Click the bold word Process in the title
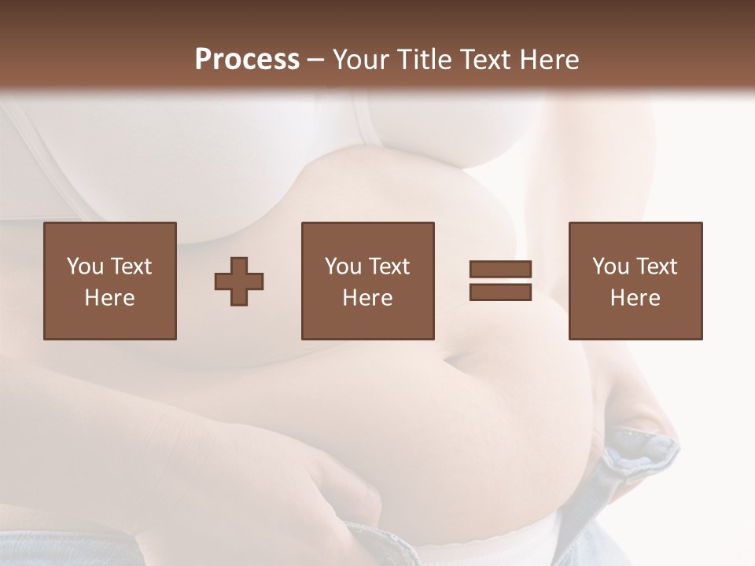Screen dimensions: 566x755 tap(247, 60)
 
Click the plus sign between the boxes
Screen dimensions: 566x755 tap(239, 281)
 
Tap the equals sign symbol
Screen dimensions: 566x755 tap(500, 281)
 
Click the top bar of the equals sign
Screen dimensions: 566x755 tap(500, 270)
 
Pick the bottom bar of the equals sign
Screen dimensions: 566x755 tap(500, 292)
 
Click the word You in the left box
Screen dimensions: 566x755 tap(85, 266)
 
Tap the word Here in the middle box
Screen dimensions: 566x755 tap(368, 298)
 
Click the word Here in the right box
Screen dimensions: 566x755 tap(635, 298)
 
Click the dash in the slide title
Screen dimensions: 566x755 tap(315, 61)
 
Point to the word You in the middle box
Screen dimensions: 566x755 tap(343, 266)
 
